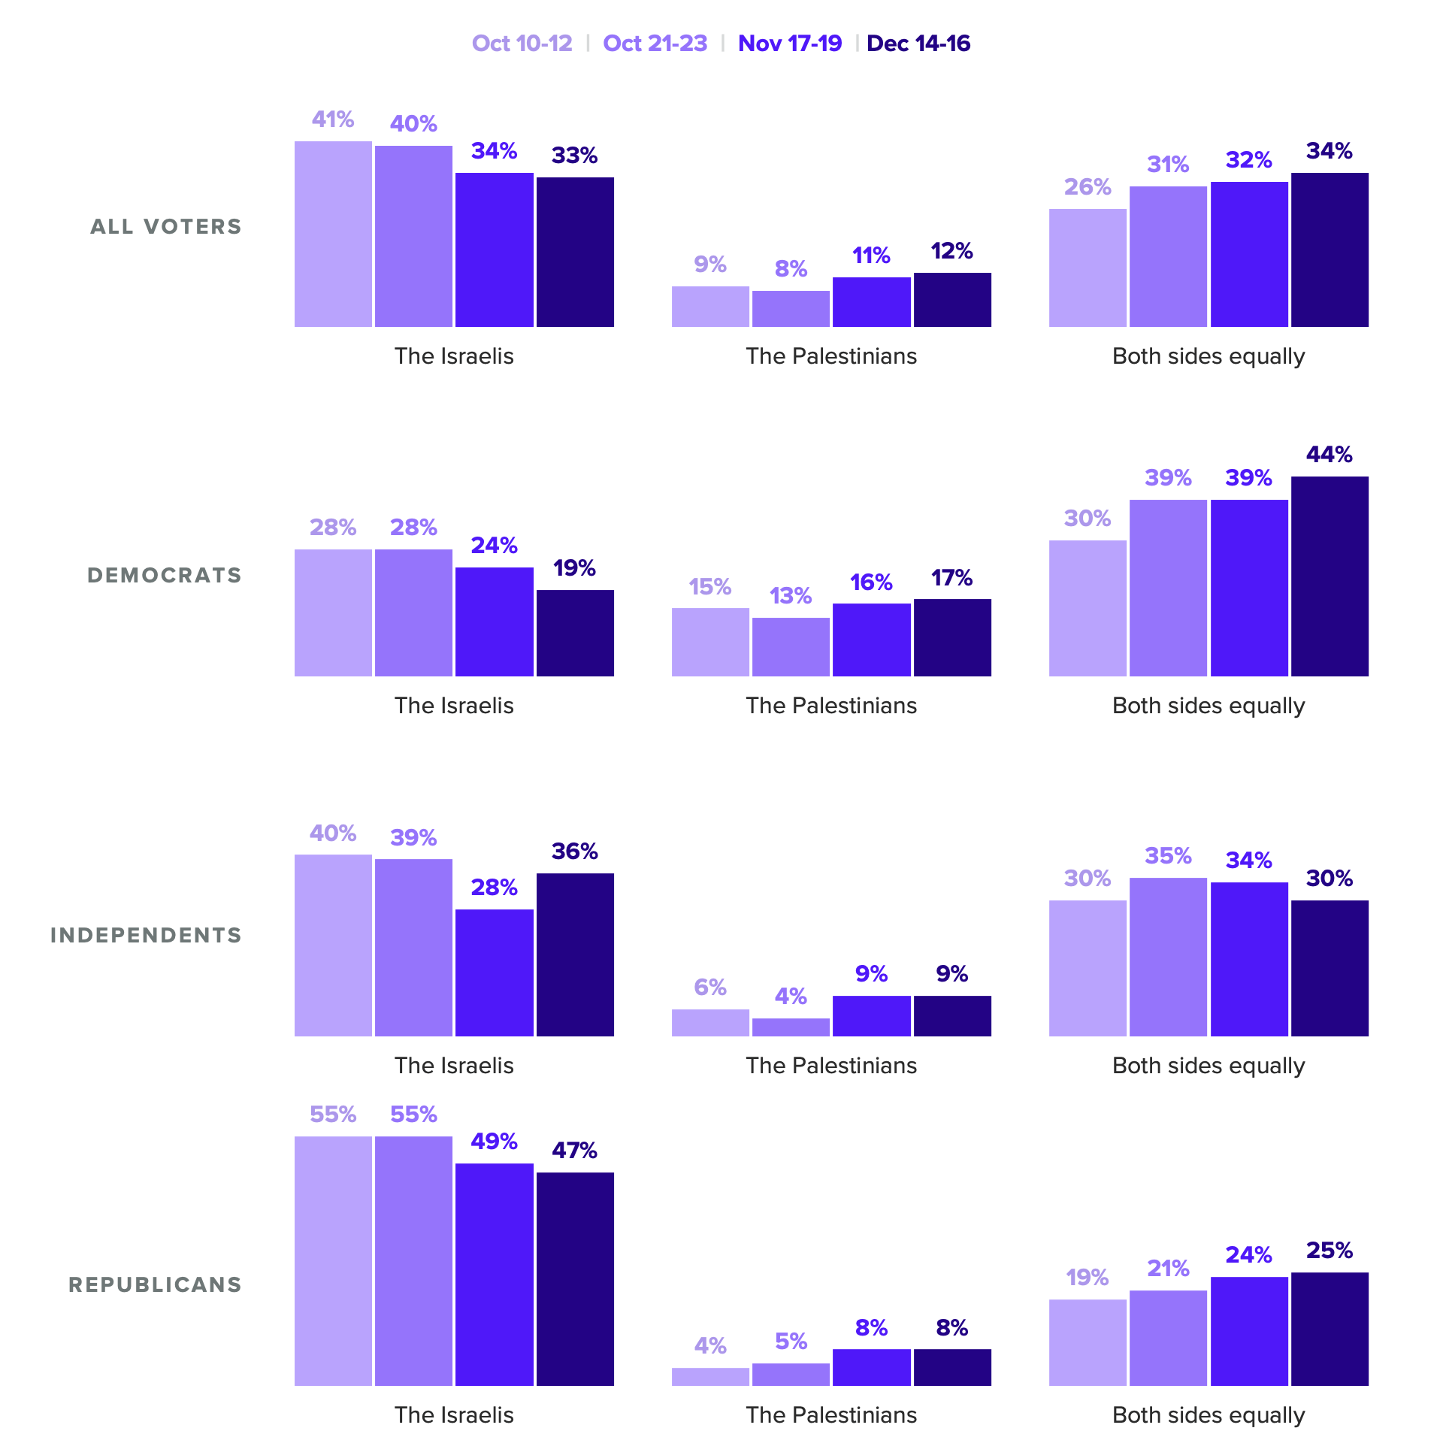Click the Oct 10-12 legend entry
[522, 44]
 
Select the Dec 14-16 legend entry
[918, 44]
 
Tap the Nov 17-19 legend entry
[789, 44]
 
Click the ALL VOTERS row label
[166, 226]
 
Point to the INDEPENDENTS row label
[146, 935]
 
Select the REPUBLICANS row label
[155, 1284]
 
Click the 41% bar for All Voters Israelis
[333, 234]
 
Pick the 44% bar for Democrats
[1330, 576]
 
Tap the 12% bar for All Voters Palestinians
[952, 300]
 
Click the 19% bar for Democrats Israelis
[575, 633]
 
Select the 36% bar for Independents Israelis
[575, 954]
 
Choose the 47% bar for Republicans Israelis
[575, 1278]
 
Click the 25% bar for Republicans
[1330, 1329]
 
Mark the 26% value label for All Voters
[1088, 187]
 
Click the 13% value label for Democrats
[791, 596]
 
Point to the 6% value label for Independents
[710, 987]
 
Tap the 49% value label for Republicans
[494, 1142]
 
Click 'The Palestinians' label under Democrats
[831, 706]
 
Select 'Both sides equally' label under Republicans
[1209, 1415]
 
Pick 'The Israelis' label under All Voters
[454, 356]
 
